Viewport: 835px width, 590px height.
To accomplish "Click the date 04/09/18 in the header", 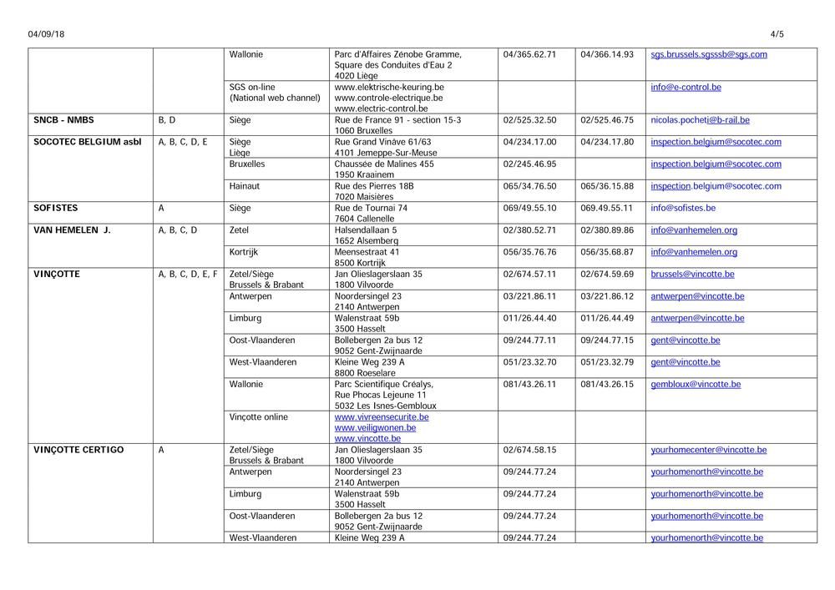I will pyautogui.click(x=46, y=34).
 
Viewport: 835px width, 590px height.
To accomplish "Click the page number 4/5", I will pyautogui.click(x=777, y=34).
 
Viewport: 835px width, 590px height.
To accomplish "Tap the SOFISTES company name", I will pyautogui.click(x=57, y=208).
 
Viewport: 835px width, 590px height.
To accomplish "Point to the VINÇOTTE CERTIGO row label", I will pyautogui.click(x=78, y=450).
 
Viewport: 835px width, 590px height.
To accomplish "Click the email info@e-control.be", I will pyautogui.click(x=686, y=87).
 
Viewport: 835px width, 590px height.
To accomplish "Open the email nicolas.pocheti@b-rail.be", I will pyautogui.click(x=700, y=120).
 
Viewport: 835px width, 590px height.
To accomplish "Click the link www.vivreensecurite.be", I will pyautogui.click(x=381, y=416).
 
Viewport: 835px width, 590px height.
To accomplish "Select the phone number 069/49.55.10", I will pyautogui.click(x=529, y=208).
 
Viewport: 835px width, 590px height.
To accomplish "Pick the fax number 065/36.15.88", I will pyautogui.click(x=606, y=186).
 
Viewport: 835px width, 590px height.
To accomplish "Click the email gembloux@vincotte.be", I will pyautogui.click(x=695, y=384).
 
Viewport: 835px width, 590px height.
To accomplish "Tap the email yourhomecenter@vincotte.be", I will pyautogui.click(x=708, y=450).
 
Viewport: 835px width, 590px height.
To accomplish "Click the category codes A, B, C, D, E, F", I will pyautogui.click(x=188, y=274).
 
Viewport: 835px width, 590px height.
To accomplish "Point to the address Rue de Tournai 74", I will pyautogui.click(x=371, y=208).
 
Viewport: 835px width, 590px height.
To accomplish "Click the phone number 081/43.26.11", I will pyautogui.click(x=529, y=384).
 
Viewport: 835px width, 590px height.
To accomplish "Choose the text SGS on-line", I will pyautogui.click(x=252, y=87).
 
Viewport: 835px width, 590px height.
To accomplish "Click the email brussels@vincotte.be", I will pyautogui.click(x=692, y=274).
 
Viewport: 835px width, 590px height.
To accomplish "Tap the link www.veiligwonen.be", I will pyautogui.click(x=377, y=427).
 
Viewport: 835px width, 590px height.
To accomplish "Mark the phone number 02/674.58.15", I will pyautogui.click(x=529, y=450).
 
